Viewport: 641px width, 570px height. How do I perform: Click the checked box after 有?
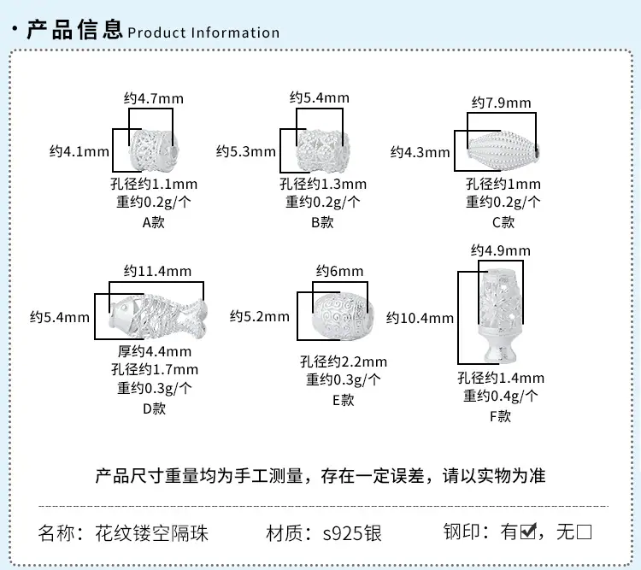[x=528, y=532]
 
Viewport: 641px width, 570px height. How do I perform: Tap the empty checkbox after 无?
[x=585, y=532]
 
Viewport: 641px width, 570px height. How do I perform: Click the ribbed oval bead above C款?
[x=503, y=150]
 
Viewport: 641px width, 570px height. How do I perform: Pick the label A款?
[x=153, y=222]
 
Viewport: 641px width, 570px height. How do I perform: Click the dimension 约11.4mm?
[x=157, y=271]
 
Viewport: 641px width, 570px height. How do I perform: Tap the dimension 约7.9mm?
[x=501, y=103]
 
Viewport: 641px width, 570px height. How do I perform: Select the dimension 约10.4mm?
[x=420, y=318]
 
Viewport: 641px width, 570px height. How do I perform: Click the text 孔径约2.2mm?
[x=344, y=361]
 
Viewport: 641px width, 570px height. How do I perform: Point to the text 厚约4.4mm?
[x=155, y=351]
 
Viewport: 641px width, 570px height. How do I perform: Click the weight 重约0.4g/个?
[x=500, y=396]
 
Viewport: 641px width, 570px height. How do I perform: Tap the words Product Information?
[x=203, y=32]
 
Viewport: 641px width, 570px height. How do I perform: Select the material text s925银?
[x=352, y=533]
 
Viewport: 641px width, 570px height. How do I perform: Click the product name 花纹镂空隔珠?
[x=151, y=533]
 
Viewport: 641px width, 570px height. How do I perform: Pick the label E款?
[x=343, y=400]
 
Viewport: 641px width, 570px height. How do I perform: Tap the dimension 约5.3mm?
[x=245, y=152]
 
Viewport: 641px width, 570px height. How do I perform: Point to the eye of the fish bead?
[x=123, y=305]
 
